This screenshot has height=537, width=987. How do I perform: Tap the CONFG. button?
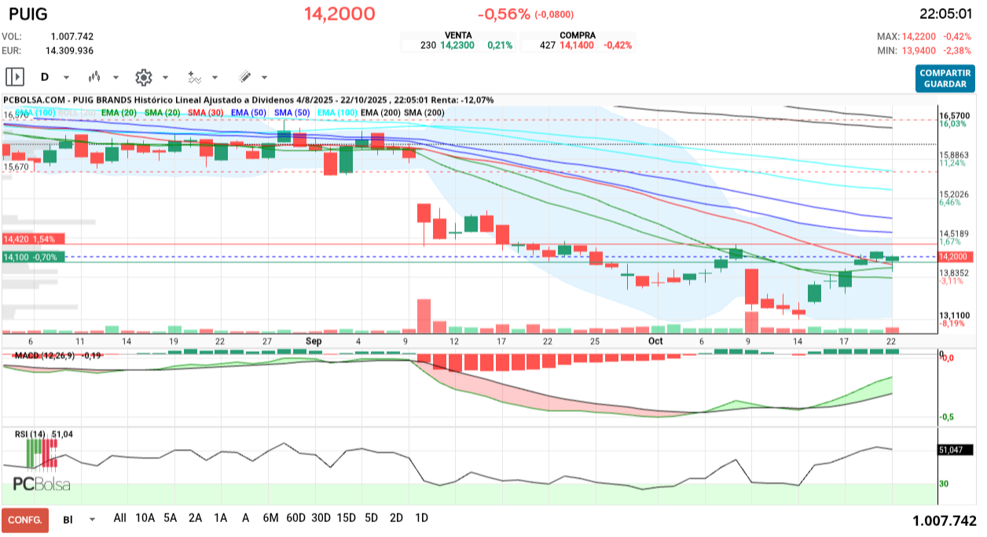(24, 520)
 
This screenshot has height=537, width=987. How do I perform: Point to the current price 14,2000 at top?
(339, 14)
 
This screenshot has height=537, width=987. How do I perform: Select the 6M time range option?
(270, 518)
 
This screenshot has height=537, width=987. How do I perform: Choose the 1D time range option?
(421, 518)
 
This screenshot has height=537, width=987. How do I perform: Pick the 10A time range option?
(145, 518)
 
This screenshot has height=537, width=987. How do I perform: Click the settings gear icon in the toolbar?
(143, 77)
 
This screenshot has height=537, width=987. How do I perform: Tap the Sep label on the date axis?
(314, 341)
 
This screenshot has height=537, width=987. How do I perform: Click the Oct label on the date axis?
(655, 341)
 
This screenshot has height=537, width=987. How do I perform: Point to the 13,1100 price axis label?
(955, 314)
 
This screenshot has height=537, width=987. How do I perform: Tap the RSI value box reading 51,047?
(955, 450)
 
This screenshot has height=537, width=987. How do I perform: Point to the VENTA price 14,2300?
(457, 46)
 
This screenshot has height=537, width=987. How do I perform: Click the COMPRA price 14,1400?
(576, 46)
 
